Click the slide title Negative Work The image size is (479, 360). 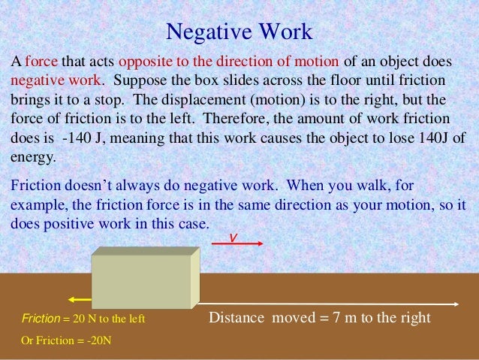click(x=239, y=32)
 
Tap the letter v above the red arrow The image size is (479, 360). click(x=233, y=236)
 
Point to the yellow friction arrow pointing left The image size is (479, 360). click(x=78, y=295)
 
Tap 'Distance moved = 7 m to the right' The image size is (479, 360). click(x=320, y=318)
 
